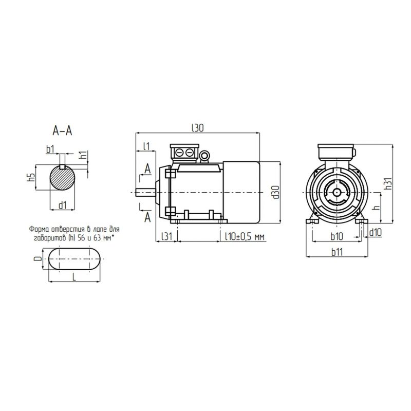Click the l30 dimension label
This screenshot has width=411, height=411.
[x=198, y=127]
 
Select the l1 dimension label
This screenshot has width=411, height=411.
[x=146, y=146]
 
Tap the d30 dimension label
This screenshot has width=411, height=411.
[x=276, y=192]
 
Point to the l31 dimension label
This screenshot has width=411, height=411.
[x=166, y=236]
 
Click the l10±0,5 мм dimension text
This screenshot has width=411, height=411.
[x=245, y=237]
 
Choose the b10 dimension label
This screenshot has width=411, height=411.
[x=337, y=236]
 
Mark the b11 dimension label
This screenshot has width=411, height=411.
[x=337, y=252]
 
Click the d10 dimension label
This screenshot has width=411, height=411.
[x=376, y=232]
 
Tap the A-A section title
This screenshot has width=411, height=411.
[x=62, y=131]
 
